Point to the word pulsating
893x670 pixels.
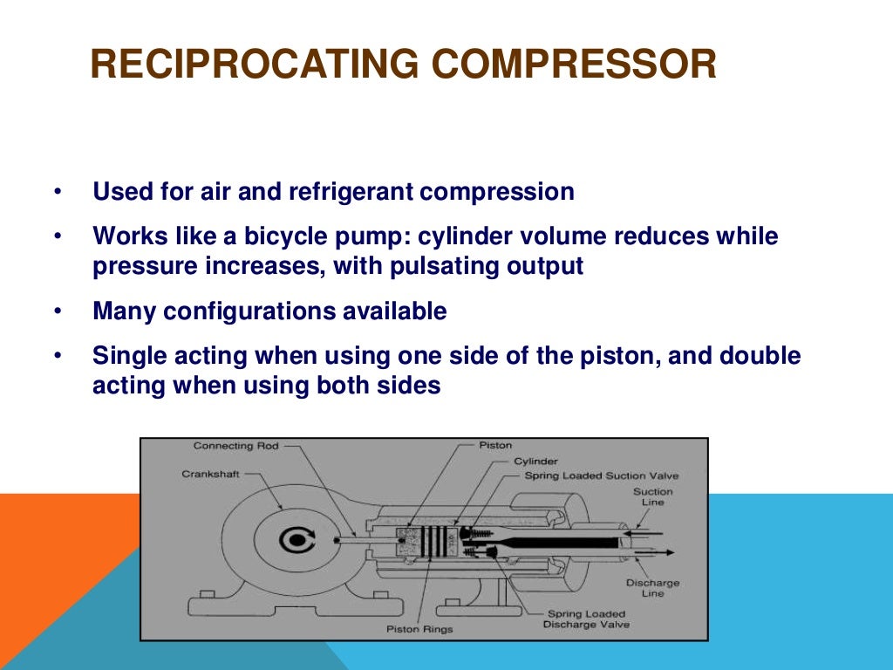[457, 266]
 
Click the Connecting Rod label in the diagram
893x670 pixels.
[235, 446]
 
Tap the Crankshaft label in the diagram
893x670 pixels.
[210, 474]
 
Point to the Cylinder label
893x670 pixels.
[535, 461]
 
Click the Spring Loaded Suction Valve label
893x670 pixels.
[601, 475]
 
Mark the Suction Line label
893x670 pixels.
[652, 496]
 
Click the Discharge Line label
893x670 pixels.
[652, 588]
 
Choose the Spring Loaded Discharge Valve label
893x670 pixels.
[586, 619]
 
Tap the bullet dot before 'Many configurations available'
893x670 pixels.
[58, 311]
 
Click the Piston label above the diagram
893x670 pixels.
[495, 446]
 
